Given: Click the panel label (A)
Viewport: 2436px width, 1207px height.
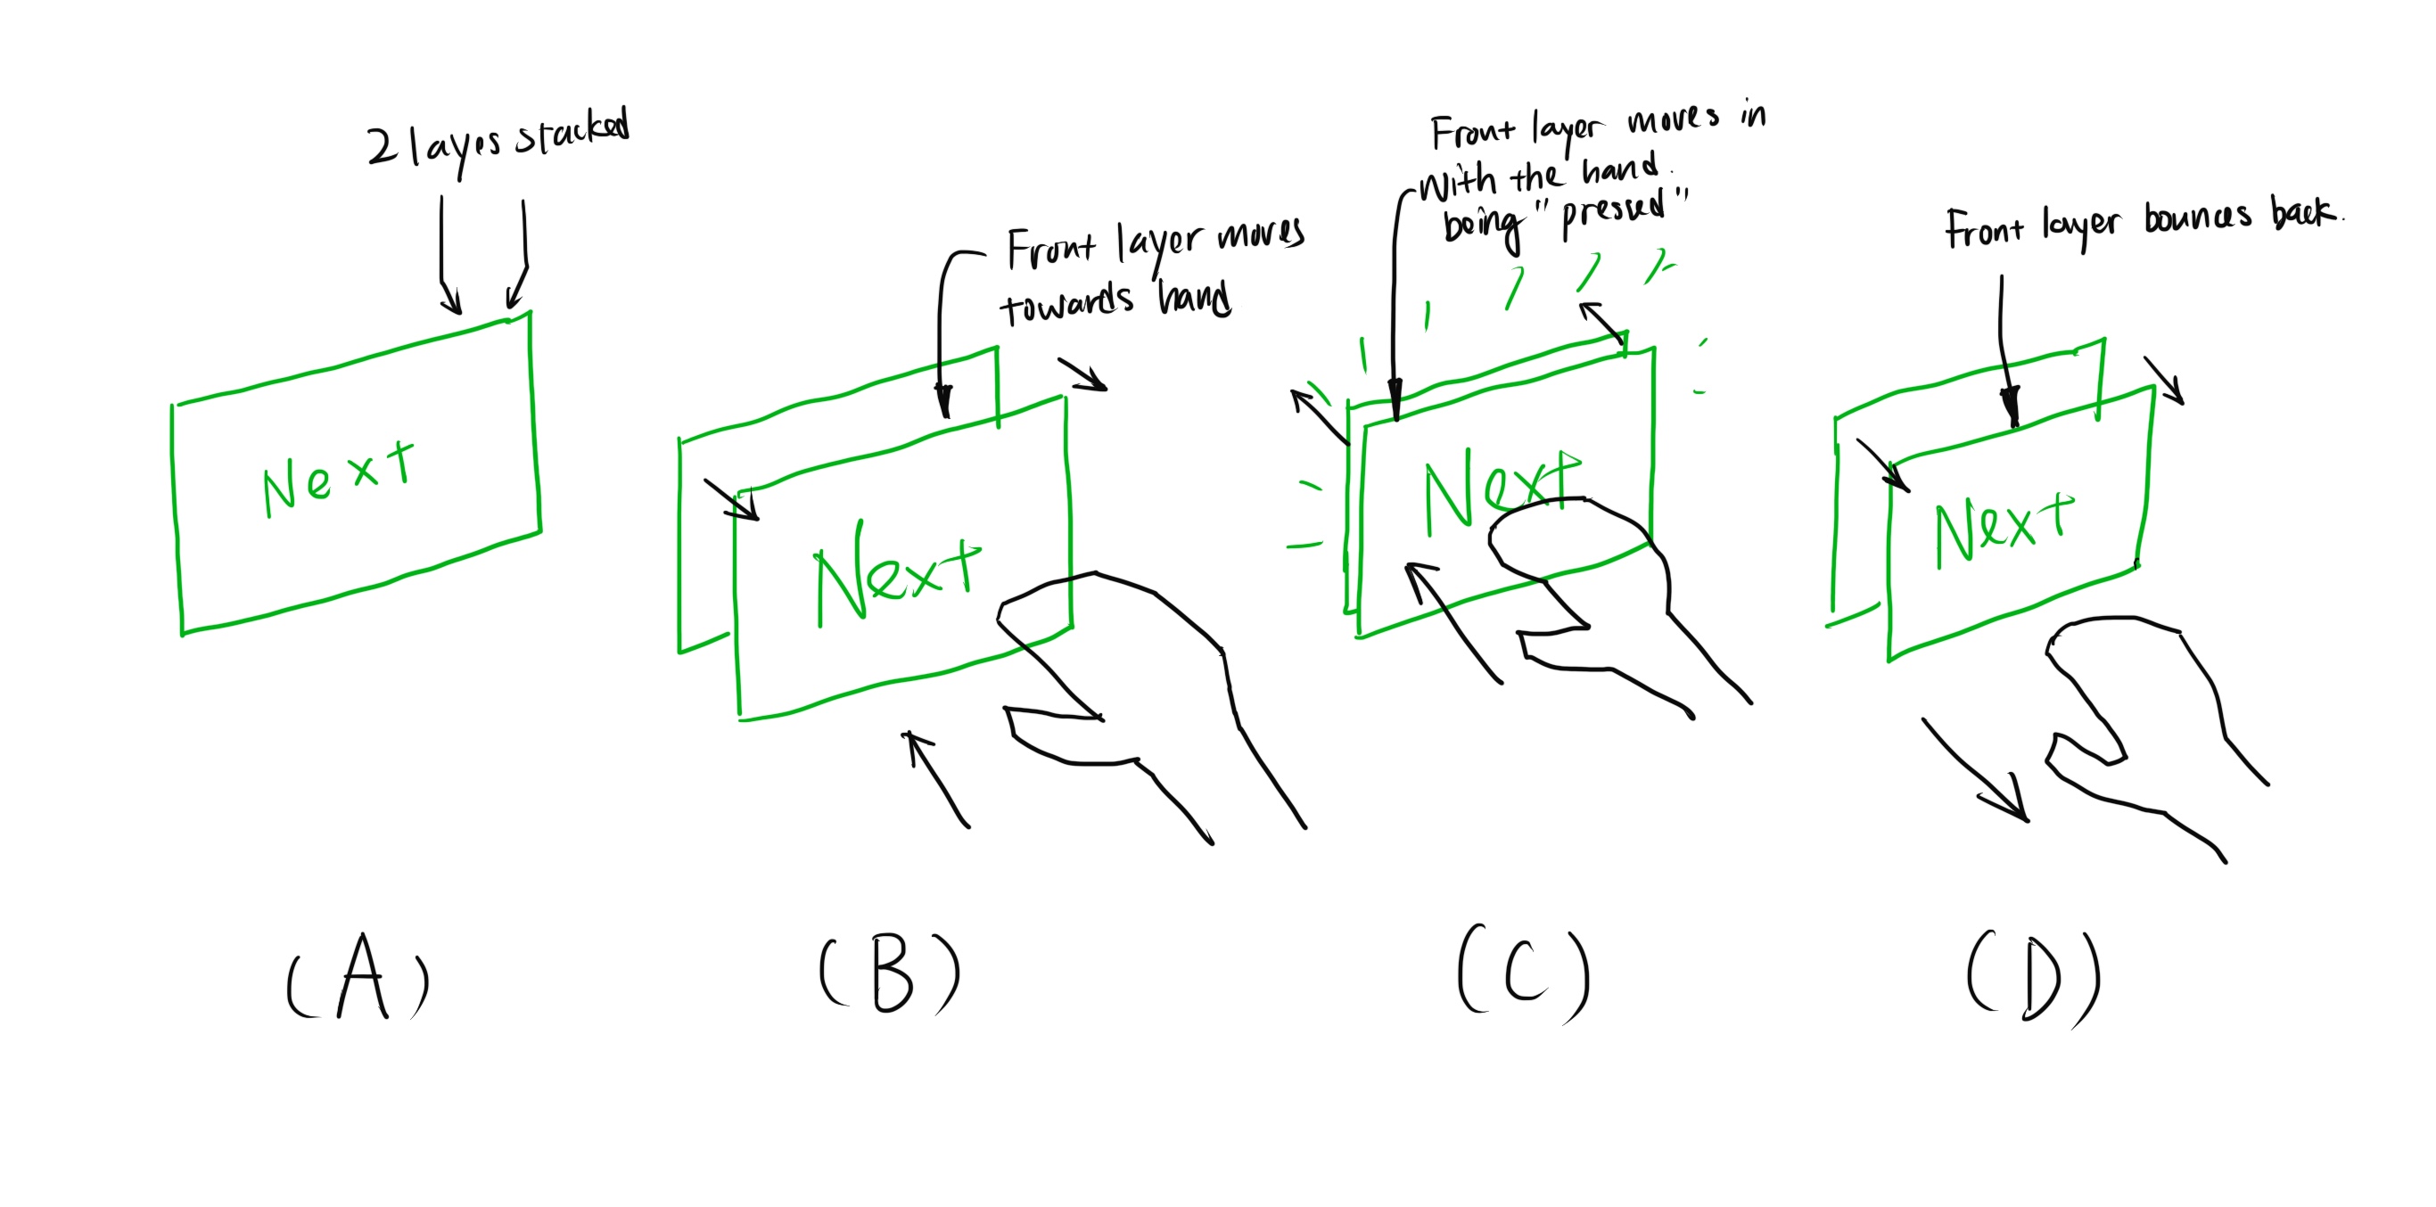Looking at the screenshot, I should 358,979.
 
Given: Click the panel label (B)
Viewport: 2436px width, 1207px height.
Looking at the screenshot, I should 890,974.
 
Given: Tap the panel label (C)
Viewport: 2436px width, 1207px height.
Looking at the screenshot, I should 1524,974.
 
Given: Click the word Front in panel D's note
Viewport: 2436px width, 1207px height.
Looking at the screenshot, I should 1984,230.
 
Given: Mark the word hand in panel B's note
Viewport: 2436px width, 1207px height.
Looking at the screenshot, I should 1194,300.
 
